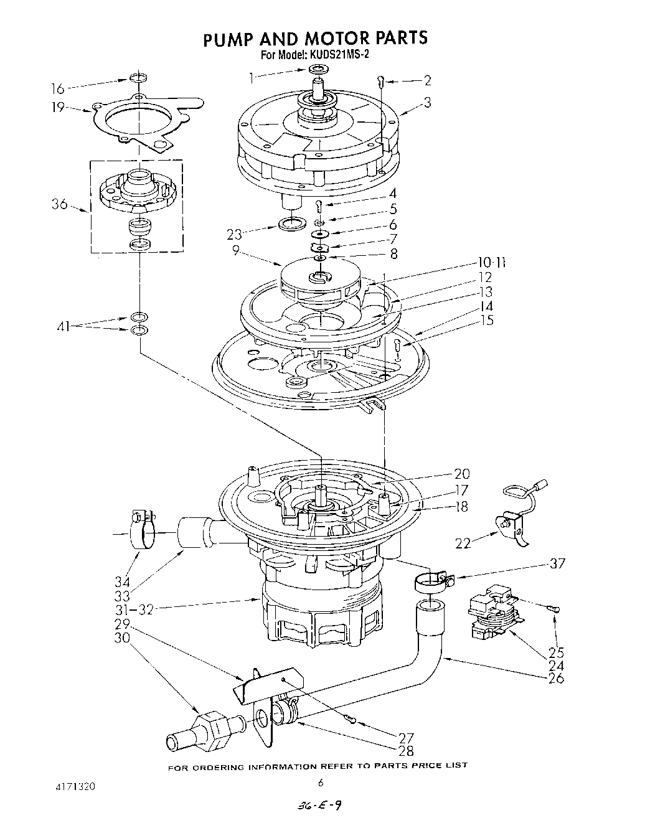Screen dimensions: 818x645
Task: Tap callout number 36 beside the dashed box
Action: point(60,204)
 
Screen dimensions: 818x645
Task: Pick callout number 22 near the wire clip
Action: point(463,543)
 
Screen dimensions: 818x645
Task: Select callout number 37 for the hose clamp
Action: point(557,563)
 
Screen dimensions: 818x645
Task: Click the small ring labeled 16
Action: point(139,79)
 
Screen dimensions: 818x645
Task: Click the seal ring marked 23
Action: point(293,223)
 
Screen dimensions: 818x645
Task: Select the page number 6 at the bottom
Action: point(321,783)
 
